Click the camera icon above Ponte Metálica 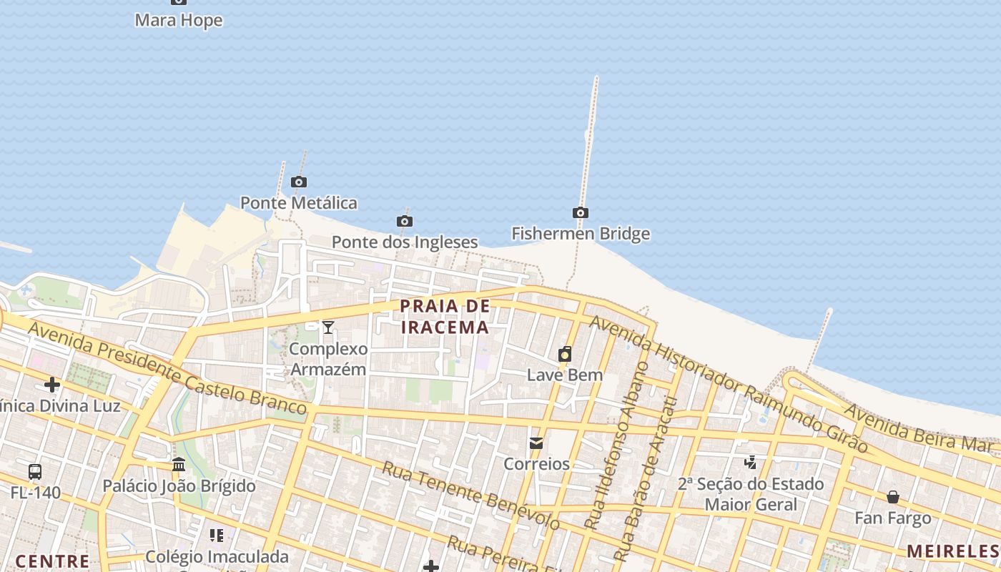coord(299,182)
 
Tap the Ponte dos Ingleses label coord(405,242)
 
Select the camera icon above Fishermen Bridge coord(581,212)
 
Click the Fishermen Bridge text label coord(581,234)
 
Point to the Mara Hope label coord(179,20)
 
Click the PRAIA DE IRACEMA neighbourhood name coord(445,317)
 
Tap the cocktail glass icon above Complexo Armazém coord(328,327)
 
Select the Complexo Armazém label coord(328,359)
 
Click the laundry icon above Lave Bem coord(565,354)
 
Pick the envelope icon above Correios coord(536,443)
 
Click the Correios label coord(536,464)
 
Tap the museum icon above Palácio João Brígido coord(179,465)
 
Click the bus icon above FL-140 coord(35,472)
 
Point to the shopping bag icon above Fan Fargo coord(892,496)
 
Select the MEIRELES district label coord(953,551)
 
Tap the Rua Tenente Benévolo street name coord(470,495)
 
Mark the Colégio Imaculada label coord(217,556)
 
